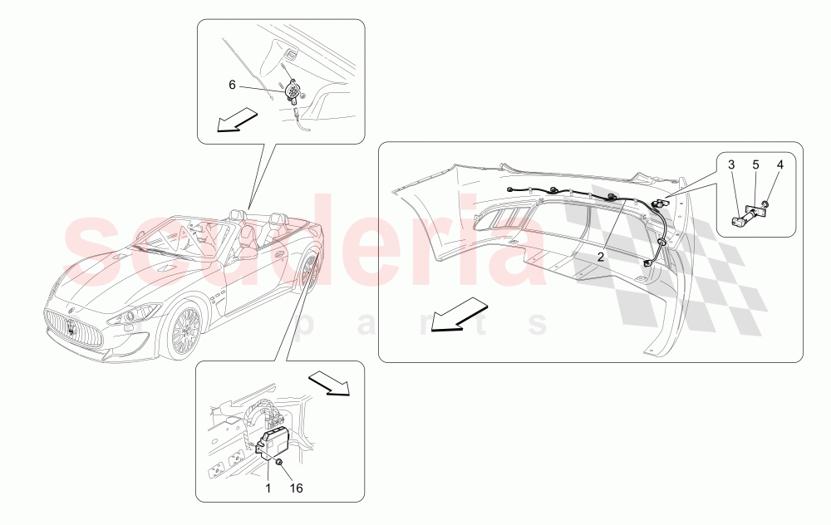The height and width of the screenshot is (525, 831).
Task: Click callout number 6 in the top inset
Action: point(234,84)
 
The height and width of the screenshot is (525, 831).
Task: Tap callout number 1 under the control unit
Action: point(268,488)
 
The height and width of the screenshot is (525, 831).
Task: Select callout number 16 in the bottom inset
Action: point(296,488)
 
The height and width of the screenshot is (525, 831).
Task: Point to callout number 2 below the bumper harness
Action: point(600,257)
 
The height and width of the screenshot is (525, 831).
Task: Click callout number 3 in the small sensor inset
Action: point(731,164)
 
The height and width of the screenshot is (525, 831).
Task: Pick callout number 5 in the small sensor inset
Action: point(756,164)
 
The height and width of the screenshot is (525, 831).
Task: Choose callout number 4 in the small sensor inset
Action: point(780,164)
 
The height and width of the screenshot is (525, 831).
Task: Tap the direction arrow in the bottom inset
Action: point(329,383)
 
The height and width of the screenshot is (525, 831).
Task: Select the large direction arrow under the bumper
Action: point(459,314)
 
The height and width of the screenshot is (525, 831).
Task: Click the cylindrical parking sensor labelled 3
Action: point(740,219)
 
